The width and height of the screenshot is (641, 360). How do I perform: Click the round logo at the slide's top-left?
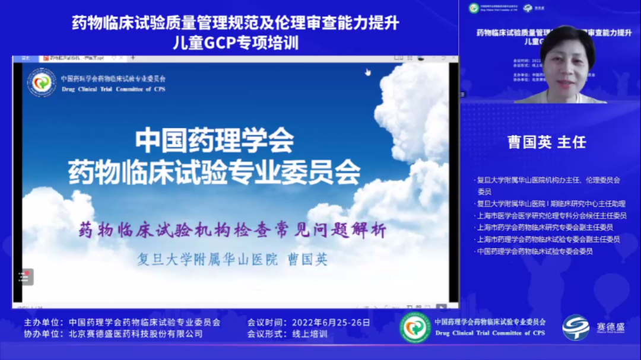click(42, 83)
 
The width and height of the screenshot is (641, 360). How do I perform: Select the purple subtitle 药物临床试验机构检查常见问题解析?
click(233, 230)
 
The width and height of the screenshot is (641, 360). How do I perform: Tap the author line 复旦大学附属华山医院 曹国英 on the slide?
click(232, 259)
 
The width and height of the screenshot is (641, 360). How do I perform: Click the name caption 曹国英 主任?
click(547, 142)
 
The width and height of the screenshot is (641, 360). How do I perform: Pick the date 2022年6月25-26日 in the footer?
click(331, 323)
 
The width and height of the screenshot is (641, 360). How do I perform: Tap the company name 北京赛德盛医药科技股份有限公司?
click(135, 334)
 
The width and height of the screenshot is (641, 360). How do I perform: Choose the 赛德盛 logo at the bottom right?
click(585, 327)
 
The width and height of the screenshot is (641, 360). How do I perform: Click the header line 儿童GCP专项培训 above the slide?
click(235, 43)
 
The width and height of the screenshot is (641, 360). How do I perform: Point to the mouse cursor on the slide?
click(368, 72)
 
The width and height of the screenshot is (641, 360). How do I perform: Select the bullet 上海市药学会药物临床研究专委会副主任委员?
click(545, 227)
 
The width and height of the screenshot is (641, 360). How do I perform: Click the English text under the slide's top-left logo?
click(113, 90)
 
